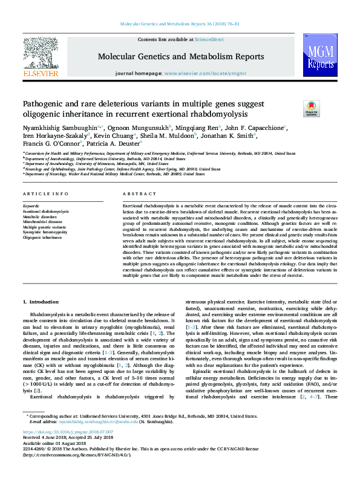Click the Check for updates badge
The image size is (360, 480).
pos(312,108)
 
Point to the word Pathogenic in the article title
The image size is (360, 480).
pos(45,104)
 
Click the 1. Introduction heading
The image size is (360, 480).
pos(41,301)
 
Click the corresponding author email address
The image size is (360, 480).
pos(97,438)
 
